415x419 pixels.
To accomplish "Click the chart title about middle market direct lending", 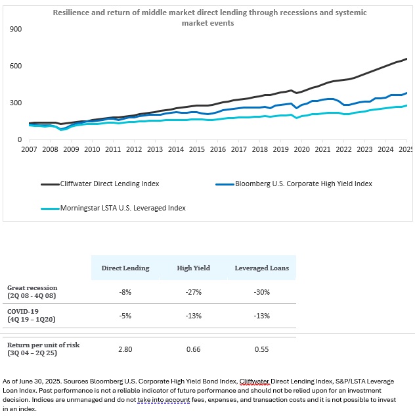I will click(209, 18).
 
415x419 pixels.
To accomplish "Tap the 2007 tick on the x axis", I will click(30, 150).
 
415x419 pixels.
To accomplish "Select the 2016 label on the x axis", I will click(218, 150).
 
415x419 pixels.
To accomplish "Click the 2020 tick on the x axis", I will click(302, 150).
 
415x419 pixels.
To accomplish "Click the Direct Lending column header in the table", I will click(125, 268).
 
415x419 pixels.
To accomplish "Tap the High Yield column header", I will click(193, 268).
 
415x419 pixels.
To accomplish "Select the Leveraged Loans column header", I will click(261, 268).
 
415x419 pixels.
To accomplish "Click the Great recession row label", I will click(32, 287).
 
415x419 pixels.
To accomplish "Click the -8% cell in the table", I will click(125, 292).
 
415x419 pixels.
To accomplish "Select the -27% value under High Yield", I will click(193, 292).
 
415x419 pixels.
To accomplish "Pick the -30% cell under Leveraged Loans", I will click(261, 292).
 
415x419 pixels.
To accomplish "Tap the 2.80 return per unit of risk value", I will click(125, 349).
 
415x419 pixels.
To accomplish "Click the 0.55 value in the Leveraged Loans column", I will click(261, 349).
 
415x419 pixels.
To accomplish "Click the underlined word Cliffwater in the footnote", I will click(255, 381).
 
